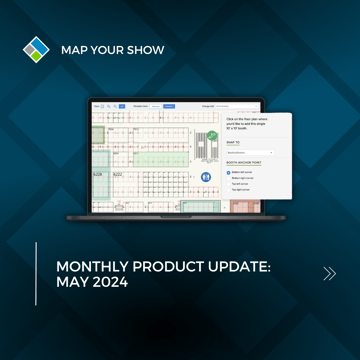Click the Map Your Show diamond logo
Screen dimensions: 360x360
click(x=36, y=48)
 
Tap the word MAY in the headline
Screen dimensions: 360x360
click(x=71, y=284)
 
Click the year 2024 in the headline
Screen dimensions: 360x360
click(x=110, y=284)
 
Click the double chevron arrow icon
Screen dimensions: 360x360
click(x=329, y=273)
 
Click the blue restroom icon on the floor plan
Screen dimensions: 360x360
click(x=206, y=176)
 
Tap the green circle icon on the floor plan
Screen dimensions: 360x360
click(x=211, y=137)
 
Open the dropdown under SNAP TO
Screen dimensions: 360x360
click(x=250, y=153)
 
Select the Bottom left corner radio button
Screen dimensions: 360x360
click(x=229, y=172)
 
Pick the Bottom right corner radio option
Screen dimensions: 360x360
click(x=229, y=178)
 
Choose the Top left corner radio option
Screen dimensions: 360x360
click(x=229, y=183)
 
